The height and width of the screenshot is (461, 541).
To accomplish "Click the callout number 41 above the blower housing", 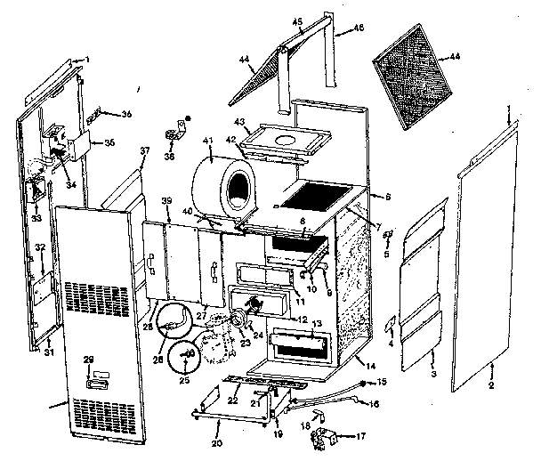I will (208, 142).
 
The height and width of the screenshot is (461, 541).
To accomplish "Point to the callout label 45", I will (297, 22).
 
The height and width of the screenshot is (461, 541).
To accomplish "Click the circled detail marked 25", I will (184, 356).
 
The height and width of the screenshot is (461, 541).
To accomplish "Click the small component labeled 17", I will (333, 437).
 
